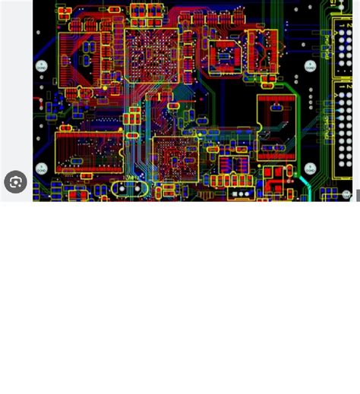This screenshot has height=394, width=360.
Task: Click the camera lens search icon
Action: click(x=15, y=182)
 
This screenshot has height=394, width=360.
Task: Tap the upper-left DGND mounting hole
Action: click(x=42, y=67)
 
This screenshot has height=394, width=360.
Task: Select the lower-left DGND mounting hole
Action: click(x=42, y=169)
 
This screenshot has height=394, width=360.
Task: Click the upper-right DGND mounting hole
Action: click(x=310, y=66)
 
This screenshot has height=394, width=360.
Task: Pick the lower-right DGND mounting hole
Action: click(x=310, y=168)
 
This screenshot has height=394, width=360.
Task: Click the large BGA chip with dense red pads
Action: click(x=151, y=55)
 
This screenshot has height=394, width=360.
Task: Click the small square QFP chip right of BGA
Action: click(x=225, y=55)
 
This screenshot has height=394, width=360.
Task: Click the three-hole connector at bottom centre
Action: click(x=241, y=194)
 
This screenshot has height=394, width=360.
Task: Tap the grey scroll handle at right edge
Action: click(x=358, y=195)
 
